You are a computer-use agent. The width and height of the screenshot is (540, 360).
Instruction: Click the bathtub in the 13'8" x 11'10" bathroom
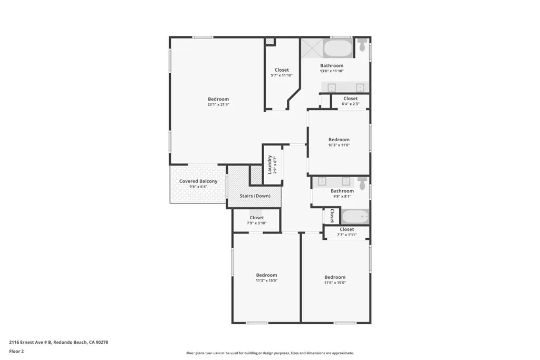(337, 48)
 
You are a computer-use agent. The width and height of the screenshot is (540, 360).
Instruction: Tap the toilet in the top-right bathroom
(362, 45)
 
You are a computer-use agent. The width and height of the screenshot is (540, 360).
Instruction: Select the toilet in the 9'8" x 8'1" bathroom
(362, 183)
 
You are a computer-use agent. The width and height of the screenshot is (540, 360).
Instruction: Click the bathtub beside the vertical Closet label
(355, 217)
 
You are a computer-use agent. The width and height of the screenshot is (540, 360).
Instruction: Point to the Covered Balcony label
(198, 181)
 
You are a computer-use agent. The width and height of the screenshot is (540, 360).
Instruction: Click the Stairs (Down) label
(255, 196)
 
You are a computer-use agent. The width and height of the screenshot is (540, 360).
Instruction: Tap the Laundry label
(269, 164)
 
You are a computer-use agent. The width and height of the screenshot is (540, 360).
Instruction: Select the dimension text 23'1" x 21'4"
(218, 105)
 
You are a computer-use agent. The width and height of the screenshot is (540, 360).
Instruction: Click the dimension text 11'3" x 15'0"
(266, 281)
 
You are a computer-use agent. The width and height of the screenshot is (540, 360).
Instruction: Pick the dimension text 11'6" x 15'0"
(335, 283)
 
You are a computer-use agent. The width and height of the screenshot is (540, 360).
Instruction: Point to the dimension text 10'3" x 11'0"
(339, 145)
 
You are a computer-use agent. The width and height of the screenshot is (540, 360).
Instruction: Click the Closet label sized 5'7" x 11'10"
(282, 70)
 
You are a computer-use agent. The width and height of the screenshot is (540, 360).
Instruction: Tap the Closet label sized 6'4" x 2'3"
(351, 99)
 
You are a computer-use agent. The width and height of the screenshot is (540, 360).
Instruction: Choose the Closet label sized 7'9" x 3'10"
(257, 218)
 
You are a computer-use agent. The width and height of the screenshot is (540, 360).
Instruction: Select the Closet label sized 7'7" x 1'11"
(347, 230)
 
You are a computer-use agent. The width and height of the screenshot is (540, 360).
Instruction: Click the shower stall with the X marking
(311, 48)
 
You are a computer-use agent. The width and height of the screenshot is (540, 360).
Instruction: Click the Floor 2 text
(17, 351)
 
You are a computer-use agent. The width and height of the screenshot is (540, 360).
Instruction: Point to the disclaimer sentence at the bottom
(269, 353)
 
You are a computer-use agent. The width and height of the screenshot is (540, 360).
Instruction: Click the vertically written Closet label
(332, 216)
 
